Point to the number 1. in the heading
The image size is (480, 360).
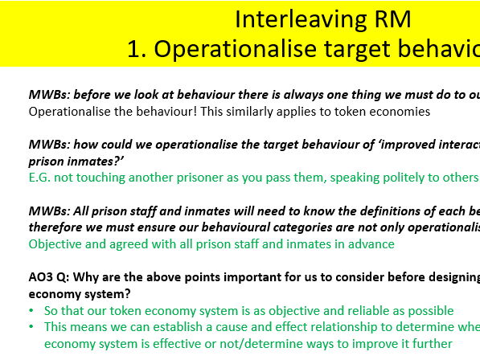(x=137, y=49)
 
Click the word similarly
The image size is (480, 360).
(x=238, y=111)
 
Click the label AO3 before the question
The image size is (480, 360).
(x=42, y=278)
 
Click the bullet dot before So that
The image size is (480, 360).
(x=32, y=311)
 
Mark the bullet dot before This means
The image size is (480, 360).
(x=32, y=327)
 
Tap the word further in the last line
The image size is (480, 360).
(x=433, y=343)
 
